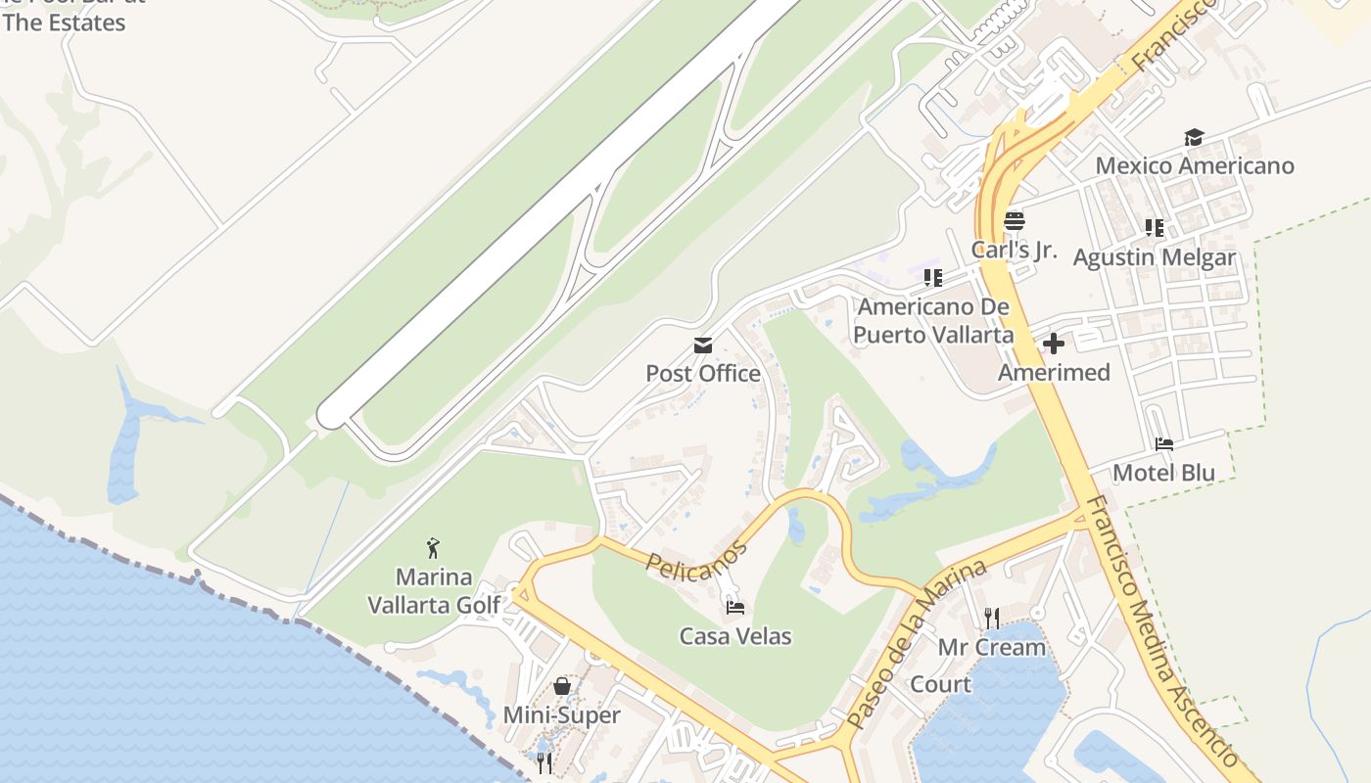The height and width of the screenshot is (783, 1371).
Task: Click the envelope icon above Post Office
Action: tap(703, 345)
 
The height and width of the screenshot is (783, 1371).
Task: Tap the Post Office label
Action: tap(703, 373)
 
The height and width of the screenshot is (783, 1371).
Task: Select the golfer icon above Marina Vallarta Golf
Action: tap(434, 548)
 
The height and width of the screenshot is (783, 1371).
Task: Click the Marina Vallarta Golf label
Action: tap(434, 591)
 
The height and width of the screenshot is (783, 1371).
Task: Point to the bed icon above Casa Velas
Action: tap(735, 608)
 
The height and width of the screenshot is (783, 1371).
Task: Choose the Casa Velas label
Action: tap(735, 636)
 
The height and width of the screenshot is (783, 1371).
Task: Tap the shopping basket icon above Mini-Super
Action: tap(562, 686)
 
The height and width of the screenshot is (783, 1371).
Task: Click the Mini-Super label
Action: tap(561, 715)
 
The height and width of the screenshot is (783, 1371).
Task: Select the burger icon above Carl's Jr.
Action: tap(1015, 220)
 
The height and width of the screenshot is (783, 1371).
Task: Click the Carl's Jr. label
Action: tap(1015, 250)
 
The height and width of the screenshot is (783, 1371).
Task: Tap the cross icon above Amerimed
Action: tap(1054, 344)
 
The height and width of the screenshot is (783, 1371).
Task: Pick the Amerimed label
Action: tap(1054, 373)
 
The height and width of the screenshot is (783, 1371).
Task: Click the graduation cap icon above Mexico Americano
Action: tap(1194, 137)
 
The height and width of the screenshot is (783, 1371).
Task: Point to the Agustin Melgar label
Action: tap(1155, 257)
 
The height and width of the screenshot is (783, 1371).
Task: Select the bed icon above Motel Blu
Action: tap(1163, 444)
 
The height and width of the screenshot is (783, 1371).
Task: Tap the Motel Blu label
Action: tap(1163, 473)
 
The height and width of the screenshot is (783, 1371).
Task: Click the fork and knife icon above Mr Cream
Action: tap(992, 618)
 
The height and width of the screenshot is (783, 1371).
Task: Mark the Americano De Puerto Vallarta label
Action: tap(933, 321)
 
